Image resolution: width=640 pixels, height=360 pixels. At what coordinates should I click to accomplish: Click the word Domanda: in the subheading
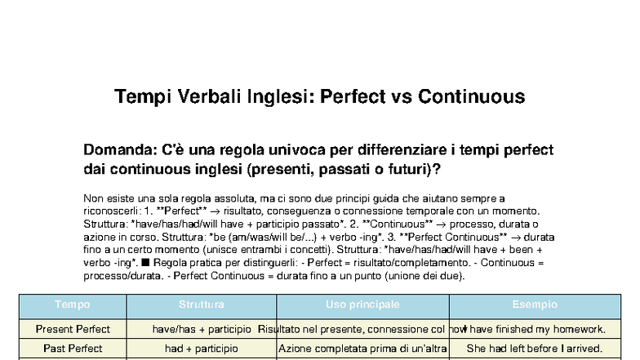click(x=122, y=150)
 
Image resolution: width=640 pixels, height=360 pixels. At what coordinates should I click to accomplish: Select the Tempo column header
click(x=73, y=305)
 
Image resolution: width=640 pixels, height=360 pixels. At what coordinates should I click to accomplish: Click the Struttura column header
click(x=202, y=305)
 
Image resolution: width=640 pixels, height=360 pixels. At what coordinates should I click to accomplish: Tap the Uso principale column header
click(x=362, y=305)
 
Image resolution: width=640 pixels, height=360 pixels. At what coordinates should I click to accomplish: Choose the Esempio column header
click(x=535, y=305)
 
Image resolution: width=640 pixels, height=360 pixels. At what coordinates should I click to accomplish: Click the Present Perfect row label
click(x=73, y=329)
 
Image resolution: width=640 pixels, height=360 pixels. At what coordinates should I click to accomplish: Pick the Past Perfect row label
click(x=73, y=349)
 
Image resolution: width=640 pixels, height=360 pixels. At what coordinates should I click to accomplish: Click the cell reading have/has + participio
click(x=202, y=329)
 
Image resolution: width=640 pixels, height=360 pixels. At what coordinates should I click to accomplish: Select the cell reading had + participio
click(x=202, y=349)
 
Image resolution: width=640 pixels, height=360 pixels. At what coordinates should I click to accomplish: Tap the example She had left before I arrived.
click(x=535, y=349)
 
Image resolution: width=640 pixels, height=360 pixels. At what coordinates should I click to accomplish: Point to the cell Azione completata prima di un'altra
click(x=362, y=349)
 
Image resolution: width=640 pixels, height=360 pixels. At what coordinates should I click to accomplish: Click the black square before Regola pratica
click(x=144, y=263)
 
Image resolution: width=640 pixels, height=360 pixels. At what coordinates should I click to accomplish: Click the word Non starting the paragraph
click(x=93, y=198)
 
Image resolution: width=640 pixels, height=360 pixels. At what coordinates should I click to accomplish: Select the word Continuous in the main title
click(x=471, y=97)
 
